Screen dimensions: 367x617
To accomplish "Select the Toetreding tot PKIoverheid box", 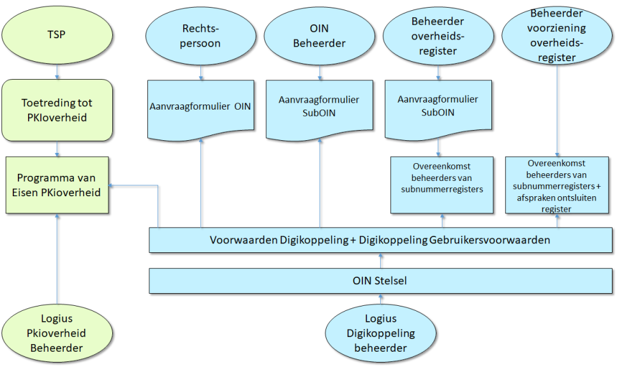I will point(57,110).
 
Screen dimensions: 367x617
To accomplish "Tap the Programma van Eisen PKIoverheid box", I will point(58,185).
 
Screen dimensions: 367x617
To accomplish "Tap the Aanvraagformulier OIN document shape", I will point(201,106).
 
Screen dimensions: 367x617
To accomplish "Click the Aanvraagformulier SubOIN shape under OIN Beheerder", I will point(319,106).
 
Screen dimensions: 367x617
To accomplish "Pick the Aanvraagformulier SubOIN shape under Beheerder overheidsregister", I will point(438,106).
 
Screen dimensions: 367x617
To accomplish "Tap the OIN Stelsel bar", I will point(381,280).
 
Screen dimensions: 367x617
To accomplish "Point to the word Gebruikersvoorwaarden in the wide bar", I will point(494,240).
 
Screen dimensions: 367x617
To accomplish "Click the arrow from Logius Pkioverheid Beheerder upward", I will point(57,261).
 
